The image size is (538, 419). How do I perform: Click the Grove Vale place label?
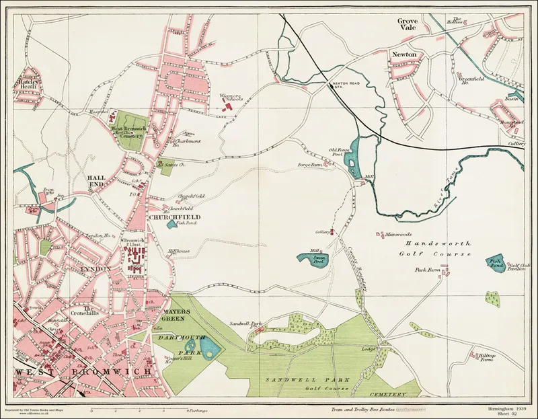click(408, 26)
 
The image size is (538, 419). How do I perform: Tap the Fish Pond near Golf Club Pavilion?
click(496, 262)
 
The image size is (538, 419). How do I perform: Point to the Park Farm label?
click(426, 270)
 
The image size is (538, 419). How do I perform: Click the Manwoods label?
click(398, 235)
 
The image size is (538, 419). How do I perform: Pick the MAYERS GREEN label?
click(178, 316)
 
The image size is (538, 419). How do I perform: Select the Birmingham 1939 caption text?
click(505, 409)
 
